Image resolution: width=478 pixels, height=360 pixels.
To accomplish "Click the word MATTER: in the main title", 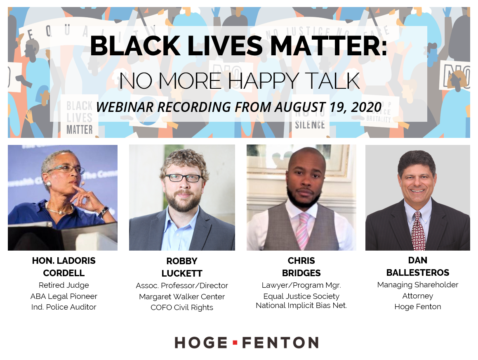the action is coord(329,46).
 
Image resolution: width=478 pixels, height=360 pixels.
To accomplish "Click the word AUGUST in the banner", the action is coord(300,107).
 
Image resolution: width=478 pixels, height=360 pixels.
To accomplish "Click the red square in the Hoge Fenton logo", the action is coord(235,343).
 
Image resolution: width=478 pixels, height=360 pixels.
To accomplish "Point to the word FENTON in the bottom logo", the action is coord(280,343).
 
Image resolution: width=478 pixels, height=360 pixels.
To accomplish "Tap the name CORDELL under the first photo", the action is coord(64,273).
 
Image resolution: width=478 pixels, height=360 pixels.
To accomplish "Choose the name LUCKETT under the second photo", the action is coord(182,273).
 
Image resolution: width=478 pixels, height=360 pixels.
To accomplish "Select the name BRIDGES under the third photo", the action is coord(301,273).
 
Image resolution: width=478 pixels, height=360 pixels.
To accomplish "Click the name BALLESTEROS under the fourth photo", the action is coord(418,272).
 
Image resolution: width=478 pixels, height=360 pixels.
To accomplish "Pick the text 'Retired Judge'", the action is coord(64,285).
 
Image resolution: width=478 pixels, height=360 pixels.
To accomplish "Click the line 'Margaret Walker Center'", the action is coord(182,296).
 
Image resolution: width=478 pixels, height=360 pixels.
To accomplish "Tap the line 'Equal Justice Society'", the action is coord(301,296).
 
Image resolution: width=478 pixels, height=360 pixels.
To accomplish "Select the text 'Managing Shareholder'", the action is coord(418,284).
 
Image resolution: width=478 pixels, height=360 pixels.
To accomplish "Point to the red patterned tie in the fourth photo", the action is coord(418,231).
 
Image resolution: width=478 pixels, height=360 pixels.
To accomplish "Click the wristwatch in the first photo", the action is coord(104,211).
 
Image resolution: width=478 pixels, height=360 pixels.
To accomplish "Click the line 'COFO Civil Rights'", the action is coord(182,308).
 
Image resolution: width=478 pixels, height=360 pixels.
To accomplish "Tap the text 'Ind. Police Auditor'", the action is coord(64,307).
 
